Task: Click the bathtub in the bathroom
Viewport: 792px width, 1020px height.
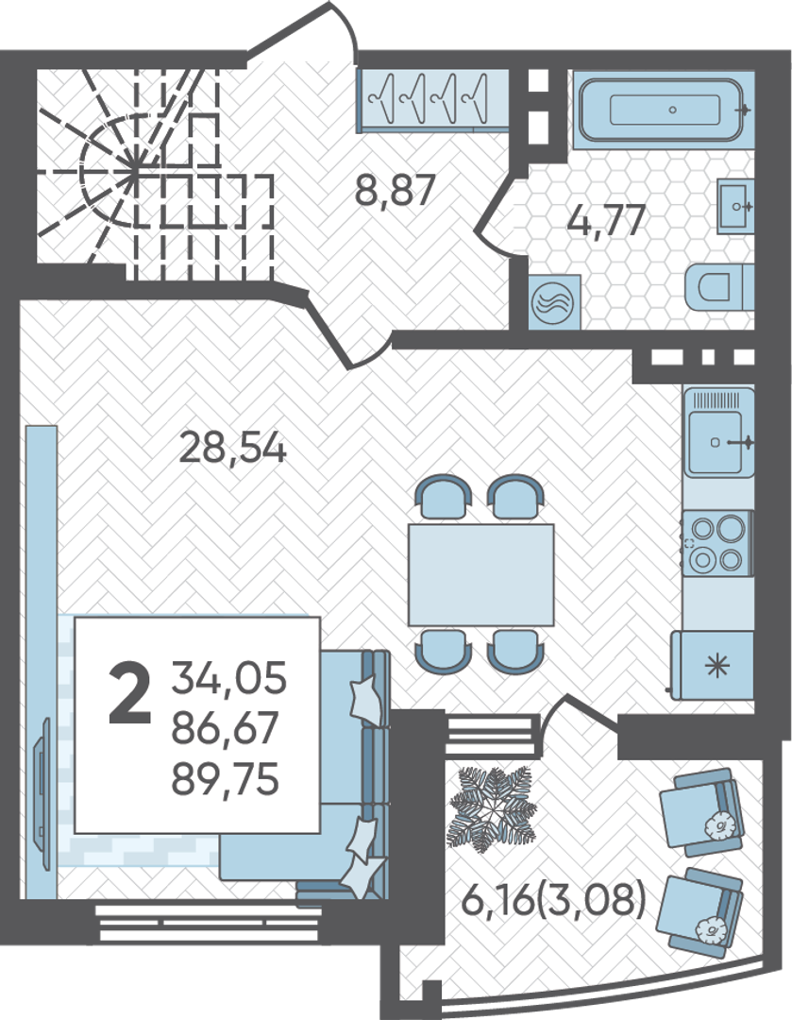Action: pyautogui.click(x=665, y=109)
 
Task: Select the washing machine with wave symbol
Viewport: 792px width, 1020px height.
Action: pyautogui.click(x=554, y=302)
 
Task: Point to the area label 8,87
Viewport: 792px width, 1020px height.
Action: pyautogui.click(x=395, y=191)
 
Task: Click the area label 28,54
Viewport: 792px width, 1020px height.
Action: pyautogui.click(x=232, y=449)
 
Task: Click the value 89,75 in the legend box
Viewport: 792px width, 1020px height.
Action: pyautogui.click(x=226, y=779)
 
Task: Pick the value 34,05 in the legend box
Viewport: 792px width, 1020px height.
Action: pyautogui.click(x=228, y=677)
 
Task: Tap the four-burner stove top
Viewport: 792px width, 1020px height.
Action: pyautogui.click(x=716, y=544)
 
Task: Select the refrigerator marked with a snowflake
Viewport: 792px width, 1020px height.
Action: pyautogui.click(x=713, y=665)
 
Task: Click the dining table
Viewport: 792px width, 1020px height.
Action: pyautogui.click(x=481, y=574)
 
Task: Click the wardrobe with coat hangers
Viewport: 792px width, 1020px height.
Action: pyautogui.click(x=433, y=101)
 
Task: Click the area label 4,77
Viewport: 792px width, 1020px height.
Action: pyautogui.click(x=606, y=219)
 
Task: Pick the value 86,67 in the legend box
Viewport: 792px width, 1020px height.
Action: pyautogui.click(x=226, y=728)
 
